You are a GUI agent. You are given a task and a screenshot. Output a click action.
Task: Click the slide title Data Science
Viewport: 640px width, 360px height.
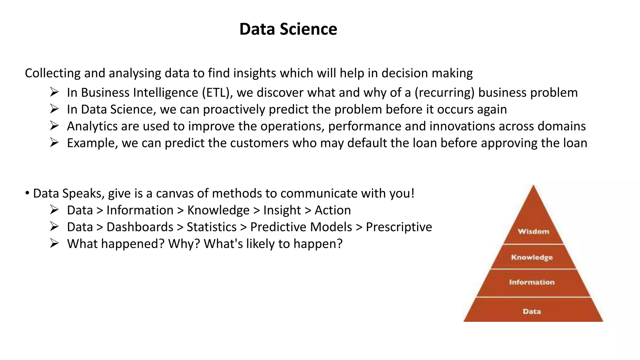point(288,29)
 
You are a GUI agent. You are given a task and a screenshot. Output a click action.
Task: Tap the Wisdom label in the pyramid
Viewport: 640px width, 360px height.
point(533,232)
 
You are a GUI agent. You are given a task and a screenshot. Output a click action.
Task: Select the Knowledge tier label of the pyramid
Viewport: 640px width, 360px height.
point(532,257)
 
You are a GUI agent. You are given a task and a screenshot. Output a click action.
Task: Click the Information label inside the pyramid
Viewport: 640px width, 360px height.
point(532,282)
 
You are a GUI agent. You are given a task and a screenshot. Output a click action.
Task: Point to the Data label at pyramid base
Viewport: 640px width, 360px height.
point(532,312)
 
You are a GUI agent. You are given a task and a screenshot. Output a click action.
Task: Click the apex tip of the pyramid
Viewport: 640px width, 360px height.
point(533,186)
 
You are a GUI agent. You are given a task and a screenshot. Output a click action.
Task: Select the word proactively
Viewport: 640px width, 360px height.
point(234,110)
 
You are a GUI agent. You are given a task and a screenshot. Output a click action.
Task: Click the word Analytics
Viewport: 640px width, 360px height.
point(92,127)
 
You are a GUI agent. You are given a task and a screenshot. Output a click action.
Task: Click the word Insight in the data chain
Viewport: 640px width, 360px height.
point(282,210)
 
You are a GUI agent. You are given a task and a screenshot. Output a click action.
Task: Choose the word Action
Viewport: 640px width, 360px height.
point(332,210)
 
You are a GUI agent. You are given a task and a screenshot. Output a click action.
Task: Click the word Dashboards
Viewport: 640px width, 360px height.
point(140,227)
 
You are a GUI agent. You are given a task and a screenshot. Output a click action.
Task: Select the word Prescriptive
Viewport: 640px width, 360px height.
point(399,227)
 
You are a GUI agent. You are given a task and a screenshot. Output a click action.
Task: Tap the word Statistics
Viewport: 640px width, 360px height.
point(212,227)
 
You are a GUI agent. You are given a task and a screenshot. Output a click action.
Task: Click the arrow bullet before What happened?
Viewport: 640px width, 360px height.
point(54,243)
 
